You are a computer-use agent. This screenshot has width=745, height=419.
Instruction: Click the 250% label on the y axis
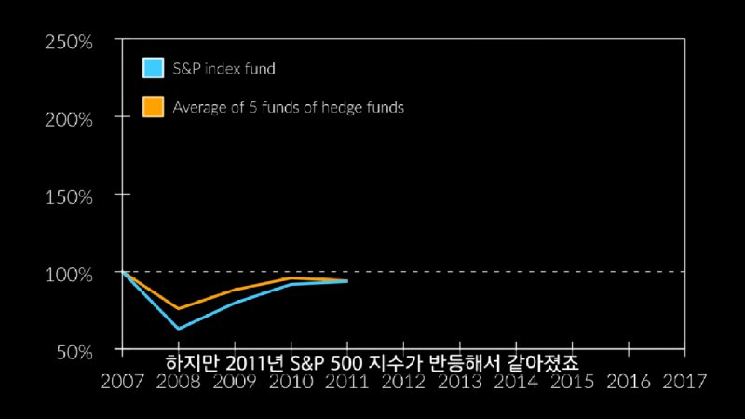tap(67, 42)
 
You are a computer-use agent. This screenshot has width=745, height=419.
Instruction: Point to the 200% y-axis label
tap(67, 119)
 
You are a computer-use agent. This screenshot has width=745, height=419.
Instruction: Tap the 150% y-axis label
tap(67, 197)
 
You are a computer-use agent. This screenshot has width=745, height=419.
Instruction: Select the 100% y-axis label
tap(67, 276)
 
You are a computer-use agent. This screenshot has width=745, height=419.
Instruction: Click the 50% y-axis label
tap(72, 352)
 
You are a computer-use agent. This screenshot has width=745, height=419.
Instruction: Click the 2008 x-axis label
tap(178, 381)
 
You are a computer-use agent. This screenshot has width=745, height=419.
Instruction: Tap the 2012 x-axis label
tap(403, 381)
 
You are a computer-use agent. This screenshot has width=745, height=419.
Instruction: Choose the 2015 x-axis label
tap(572, 381)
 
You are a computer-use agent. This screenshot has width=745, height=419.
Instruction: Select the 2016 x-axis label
tap(629, 381)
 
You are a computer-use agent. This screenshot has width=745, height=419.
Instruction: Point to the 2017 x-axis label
tap(684, 381)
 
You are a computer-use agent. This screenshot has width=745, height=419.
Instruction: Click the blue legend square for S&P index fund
tap(153, 68)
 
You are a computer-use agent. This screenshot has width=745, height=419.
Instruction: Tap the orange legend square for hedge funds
tap(153, 107)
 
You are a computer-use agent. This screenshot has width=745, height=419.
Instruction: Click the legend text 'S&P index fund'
tap(223, 68)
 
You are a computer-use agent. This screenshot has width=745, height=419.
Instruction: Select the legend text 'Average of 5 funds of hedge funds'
tap(288, 107)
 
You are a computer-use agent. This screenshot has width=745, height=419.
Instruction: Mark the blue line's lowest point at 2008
tap(177, 329)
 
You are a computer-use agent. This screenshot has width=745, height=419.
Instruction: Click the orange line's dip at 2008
tap(177, 308)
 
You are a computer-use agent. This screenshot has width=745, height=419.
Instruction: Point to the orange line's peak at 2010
tap(291, 277)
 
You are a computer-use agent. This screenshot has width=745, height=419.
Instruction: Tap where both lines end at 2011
tap(347, 281)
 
